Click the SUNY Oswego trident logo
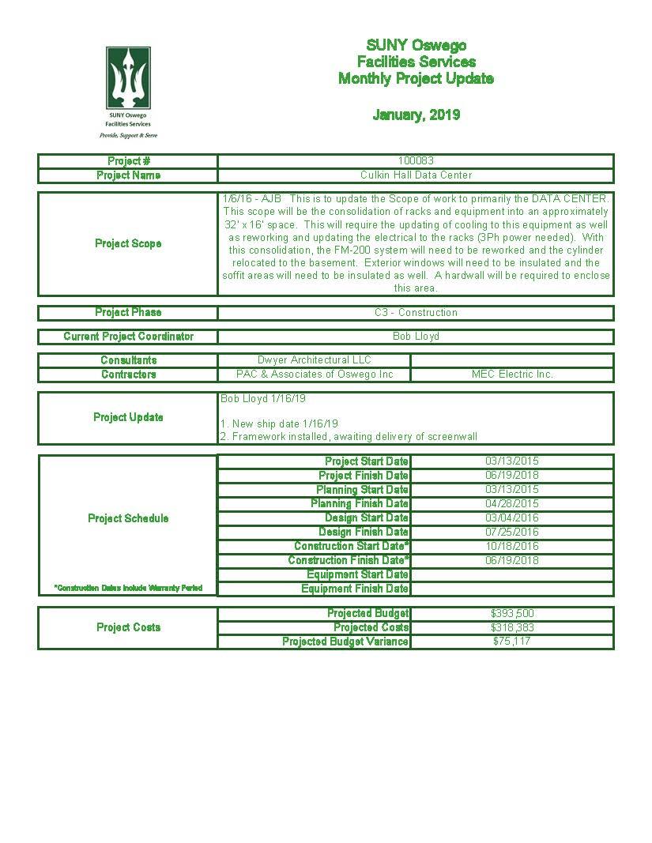[x=128, y=78]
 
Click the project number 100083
[x=416, y=161]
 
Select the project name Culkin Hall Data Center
[x=416, y=175]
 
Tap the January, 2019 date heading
[x=416, y=115]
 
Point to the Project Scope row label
[x=128, y=243]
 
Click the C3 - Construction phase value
[x=416, y=313]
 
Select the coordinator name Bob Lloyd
[x=416, y=337]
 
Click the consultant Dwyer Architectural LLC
[x=314, y=360]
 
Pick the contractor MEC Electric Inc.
[x=512, y=374]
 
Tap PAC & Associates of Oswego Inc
[x=314, y=374]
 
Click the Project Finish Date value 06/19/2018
[x=512, y=476]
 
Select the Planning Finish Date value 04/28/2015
[x=512, y=504]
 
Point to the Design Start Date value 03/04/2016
[x=512, y=518]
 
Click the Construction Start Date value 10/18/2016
[x=512, y=547]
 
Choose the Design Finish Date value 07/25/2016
[x=512, y=533]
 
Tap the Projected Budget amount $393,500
[x=512, y=614]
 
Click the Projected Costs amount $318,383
[x=512, y=627]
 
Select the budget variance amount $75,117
[x=512, y=642]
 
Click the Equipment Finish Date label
[x=355, y=589]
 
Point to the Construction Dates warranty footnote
[x=128, y=589]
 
